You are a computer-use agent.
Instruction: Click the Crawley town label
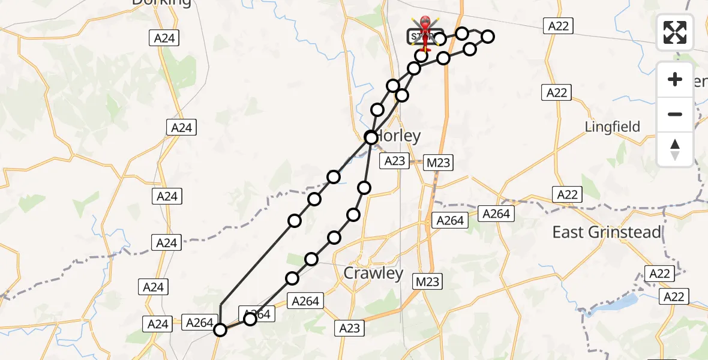tap(373, 274)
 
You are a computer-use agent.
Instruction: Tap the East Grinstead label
tap(607, 232)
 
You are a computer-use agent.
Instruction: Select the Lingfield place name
tap(613, 127)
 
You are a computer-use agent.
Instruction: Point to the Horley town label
tap(397, 136)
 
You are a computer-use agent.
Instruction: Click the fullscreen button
tap(675, 32)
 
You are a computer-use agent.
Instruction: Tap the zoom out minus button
tap(675, 114)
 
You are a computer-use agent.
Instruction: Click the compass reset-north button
tap(675, 149)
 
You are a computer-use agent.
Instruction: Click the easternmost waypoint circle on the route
tap(488, 37)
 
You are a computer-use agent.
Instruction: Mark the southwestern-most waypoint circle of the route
tap(220, 330)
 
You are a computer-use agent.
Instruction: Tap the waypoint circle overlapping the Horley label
tap(371, 137)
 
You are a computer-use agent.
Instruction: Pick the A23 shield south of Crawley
tap(349, 328)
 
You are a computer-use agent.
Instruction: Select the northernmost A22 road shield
tap(558, 26)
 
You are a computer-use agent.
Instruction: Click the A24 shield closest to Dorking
tap(164, 38)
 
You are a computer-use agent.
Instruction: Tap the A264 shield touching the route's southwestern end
tap(200, 323)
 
